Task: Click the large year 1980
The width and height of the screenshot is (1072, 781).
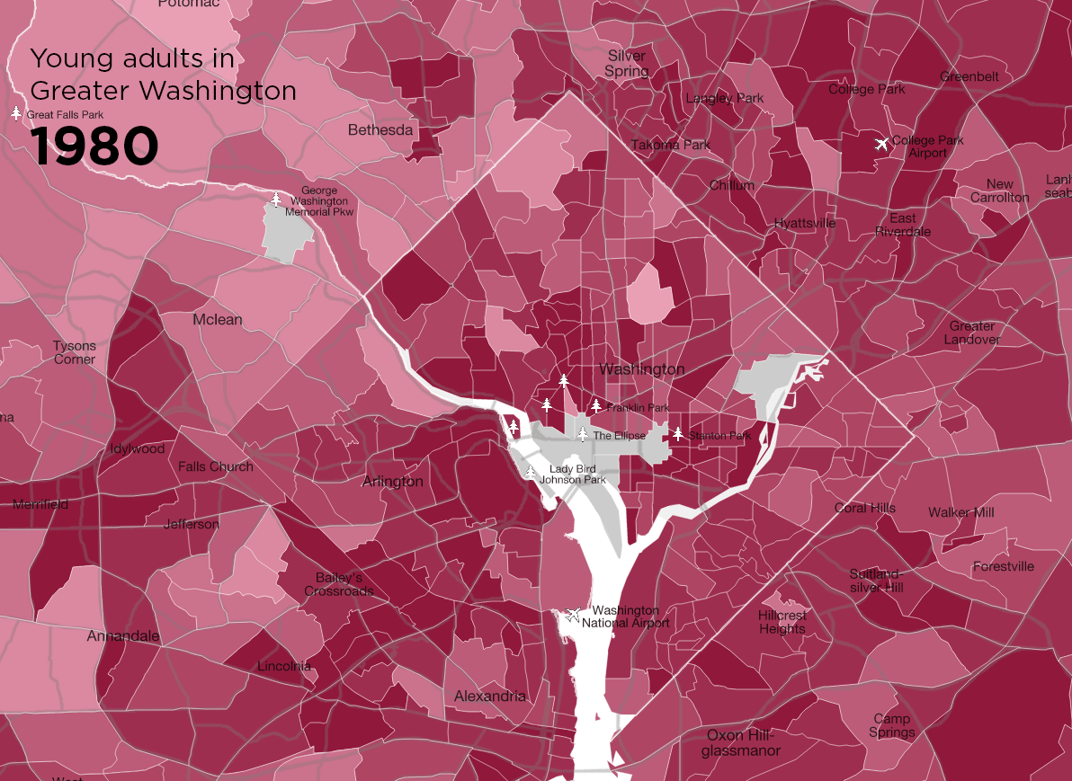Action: [x=94, y=146]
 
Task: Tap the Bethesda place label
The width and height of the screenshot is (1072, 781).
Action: [x=380, y=130]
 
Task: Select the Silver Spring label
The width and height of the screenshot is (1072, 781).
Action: [x=627, y=64]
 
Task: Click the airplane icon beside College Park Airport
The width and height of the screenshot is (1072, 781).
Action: [x=881, y=144]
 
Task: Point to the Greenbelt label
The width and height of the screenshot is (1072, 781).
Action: [x=969, y=76]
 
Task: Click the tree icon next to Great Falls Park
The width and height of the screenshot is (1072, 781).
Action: [x=16, y=113]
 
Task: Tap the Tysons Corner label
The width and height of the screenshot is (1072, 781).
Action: [x=74, y=352]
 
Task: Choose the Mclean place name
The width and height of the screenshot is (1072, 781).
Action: [x=218, y=320]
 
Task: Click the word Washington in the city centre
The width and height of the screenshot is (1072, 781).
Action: [x=641, y=369]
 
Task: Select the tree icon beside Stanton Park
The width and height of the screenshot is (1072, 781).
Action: [x=678, y=434]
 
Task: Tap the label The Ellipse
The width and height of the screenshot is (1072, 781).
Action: [x=619, y=436]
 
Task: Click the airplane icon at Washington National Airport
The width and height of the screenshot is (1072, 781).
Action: [x=573, y=615]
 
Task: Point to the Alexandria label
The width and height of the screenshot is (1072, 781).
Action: [x=490, y=697]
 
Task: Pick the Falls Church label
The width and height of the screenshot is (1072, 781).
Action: [x=216, y=466]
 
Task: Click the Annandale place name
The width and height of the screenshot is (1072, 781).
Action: [x=123, y=636]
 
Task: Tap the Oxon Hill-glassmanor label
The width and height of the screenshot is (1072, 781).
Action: [x=742, y=743]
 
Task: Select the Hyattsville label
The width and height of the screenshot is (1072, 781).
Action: [x=805, y=223]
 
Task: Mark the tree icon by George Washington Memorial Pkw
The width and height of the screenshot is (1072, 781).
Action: [x=276, y=199]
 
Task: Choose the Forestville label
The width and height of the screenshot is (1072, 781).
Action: [x=1003, y=566]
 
